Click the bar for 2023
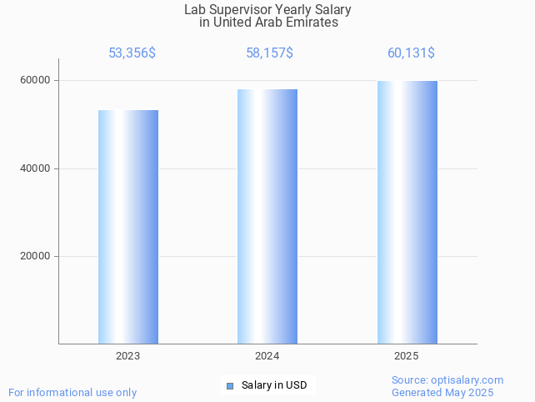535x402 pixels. pos(128,227)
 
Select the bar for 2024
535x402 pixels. pos(267,217)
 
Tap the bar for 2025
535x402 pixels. pos(407,213)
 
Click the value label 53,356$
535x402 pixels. pos(132,53)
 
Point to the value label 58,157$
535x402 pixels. pos(269,53)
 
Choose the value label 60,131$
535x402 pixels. pos(411,53)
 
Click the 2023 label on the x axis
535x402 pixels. pos(128,356)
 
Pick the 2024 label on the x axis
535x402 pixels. pos(267,356)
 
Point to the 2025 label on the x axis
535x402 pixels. pos(407,356)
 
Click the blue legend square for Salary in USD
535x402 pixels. pos(230,385)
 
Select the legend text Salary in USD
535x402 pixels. pos(274,385)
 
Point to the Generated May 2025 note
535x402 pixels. pos(442,393)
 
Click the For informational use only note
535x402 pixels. pos(72,393)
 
